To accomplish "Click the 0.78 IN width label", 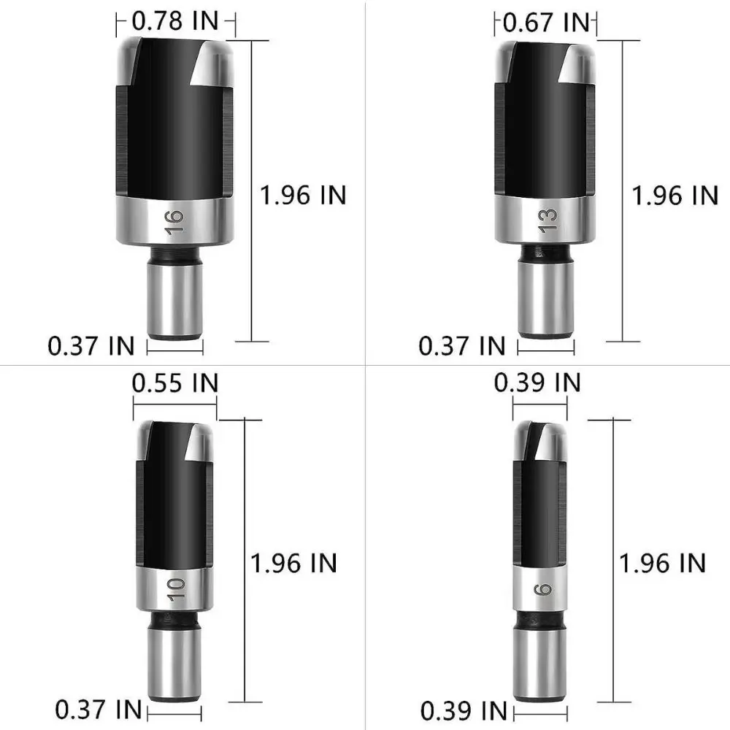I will pyautogui.click(x=174, y=22).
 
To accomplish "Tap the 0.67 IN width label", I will pyautogui.click(x=546, y=22).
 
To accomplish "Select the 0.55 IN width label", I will pyautogui.click(x=174, y=382).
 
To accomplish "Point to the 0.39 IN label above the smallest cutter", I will pyautogui.click(x=537, y=382).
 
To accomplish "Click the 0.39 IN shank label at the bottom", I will pyautogui.click(x=464, y=709).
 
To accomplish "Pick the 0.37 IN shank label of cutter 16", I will pyautogui.click(x=91, y=345).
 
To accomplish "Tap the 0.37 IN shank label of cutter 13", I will pyautogui.click(x=461, y=345).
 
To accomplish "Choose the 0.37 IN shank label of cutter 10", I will pyautogui.click(x=99, y=709).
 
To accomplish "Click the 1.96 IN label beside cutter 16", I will pyautogui.click(x=303, y=195).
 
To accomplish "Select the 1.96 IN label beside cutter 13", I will pyautogui.click(x=675, y=195).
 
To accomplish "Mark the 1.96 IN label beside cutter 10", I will pyautogui.click(x=293, y=562).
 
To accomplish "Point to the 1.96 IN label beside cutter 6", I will pyautogui.click(x=662, y=562).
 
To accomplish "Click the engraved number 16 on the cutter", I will pyautogui.click(x=174, y=221).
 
